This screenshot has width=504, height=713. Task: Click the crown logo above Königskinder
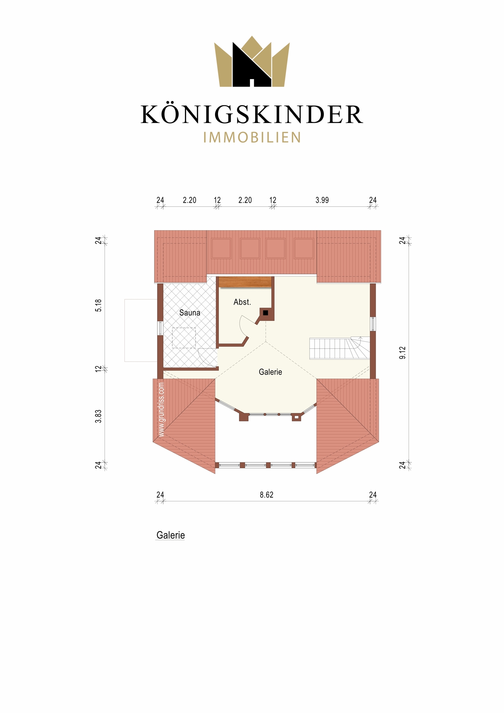(252, 62)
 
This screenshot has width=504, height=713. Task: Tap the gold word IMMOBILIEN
(252, 137)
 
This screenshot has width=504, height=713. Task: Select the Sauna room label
(190, 313)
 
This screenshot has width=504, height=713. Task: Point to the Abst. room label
(242, 302)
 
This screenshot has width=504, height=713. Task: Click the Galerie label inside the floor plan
(270, 372)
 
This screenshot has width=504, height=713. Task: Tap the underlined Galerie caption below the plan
(170, 535)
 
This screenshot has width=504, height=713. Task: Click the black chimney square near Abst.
(266, 313)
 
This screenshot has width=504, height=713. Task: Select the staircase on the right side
(339, 348)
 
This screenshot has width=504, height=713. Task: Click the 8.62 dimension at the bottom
(267, 495)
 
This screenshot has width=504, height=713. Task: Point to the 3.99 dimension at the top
(322, 200)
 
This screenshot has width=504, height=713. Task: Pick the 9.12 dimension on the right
(403, 353)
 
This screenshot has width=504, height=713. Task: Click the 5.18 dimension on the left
(98, 305)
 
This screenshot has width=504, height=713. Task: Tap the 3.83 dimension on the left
(98, 416)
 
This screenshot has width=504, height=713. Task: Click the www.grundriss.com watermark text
(161, 410)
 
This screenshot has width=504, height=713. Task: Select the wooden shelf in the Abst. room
(245, 282)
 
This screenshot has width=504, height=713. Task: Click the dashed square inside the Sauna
(184, 338)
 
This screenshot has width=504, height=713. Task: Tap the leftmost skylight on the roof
(221, 248)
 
